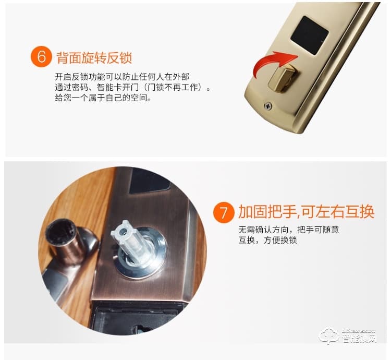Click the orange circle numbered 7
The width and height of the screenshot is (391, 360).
coord(224,213)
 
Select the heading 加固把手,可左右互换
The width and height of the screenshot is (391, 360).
coord(306,212)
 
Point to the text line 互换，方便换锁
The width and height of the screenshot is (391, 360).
coord(267,241)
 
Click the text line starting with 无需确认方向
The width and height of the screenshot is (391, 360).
coord(288,230)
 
